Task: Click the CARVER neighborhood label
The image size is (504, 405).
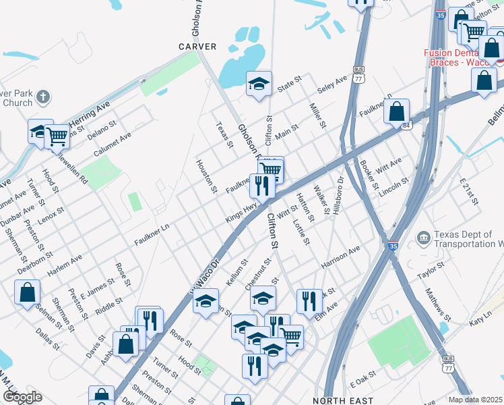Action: (197, 47)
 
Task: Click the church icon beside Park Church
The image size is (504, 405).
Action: (42, 96)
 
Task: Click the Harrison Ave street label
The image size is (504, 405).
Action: (341, 254)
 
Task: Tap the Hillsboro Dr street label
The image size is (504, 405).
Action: (338, 196)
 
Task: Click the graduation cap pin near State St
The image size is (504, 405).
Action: (259, 84)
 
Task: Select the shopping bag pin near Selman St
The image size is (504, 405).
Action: (28, 292)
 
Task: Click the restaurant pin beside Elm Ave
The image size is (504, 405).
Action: (309, 301)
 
